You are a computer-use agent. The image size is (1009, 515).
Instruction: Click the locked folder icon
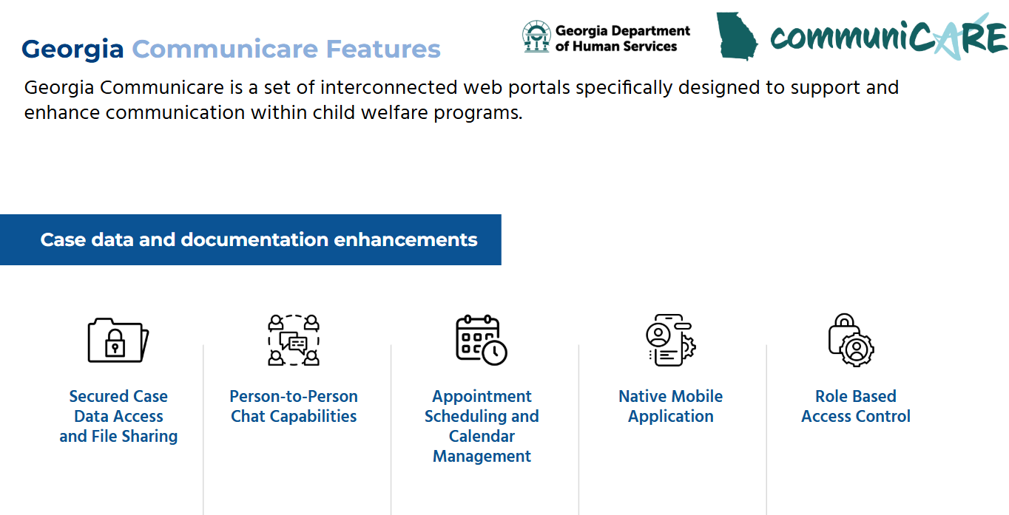click(x=118, y=340)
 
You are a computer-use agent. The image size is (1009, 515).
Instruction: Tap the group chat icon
click(x=294, y=340)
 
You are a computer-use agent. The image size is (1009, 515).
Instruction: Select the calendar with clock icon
click(x=482, y=340)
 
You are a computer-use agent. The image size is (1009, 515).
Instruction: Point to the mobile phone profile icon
click(x=671, y=340)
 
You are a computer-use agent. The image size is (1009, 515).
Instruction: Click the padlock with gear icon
click(x=851, y=340)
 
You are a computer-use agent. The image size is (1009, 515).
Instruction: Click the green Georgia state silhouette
click(x=737, y=36)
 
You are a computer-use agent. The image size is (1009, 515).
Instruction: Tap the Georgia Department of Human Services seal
click(x=536, y=36)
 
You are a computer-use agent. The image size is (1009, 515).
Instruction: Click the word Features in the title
click(x=383, y=49)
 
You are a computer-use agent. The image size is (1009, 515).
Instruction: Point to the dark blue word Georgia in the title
click(x=72, y=50)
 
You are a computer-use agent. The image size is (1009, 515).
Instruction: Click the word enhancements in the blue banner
click(x=405, y=239)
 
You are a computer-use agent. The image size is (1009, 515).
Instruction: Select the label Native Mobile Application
click(x=671, y=406)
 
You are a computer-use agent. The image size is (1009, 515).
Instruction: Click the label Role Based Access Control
click(x=856, y=406)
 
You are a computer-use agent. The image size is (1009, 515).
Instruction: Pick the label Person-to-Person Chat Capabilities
click(x=294, y=406)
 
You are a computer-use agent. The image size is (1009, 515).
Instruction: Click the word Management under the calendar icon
click(x=482, y=456)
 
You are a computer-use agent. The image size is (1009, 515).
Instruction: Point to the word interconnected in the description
click(x=389, y=87)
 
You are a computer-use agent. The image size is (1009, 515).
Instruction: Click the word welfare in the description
click(x=394, y=112)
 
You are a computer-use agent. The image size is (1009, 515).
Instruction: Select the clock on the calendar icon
click(x=495, y=352)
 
